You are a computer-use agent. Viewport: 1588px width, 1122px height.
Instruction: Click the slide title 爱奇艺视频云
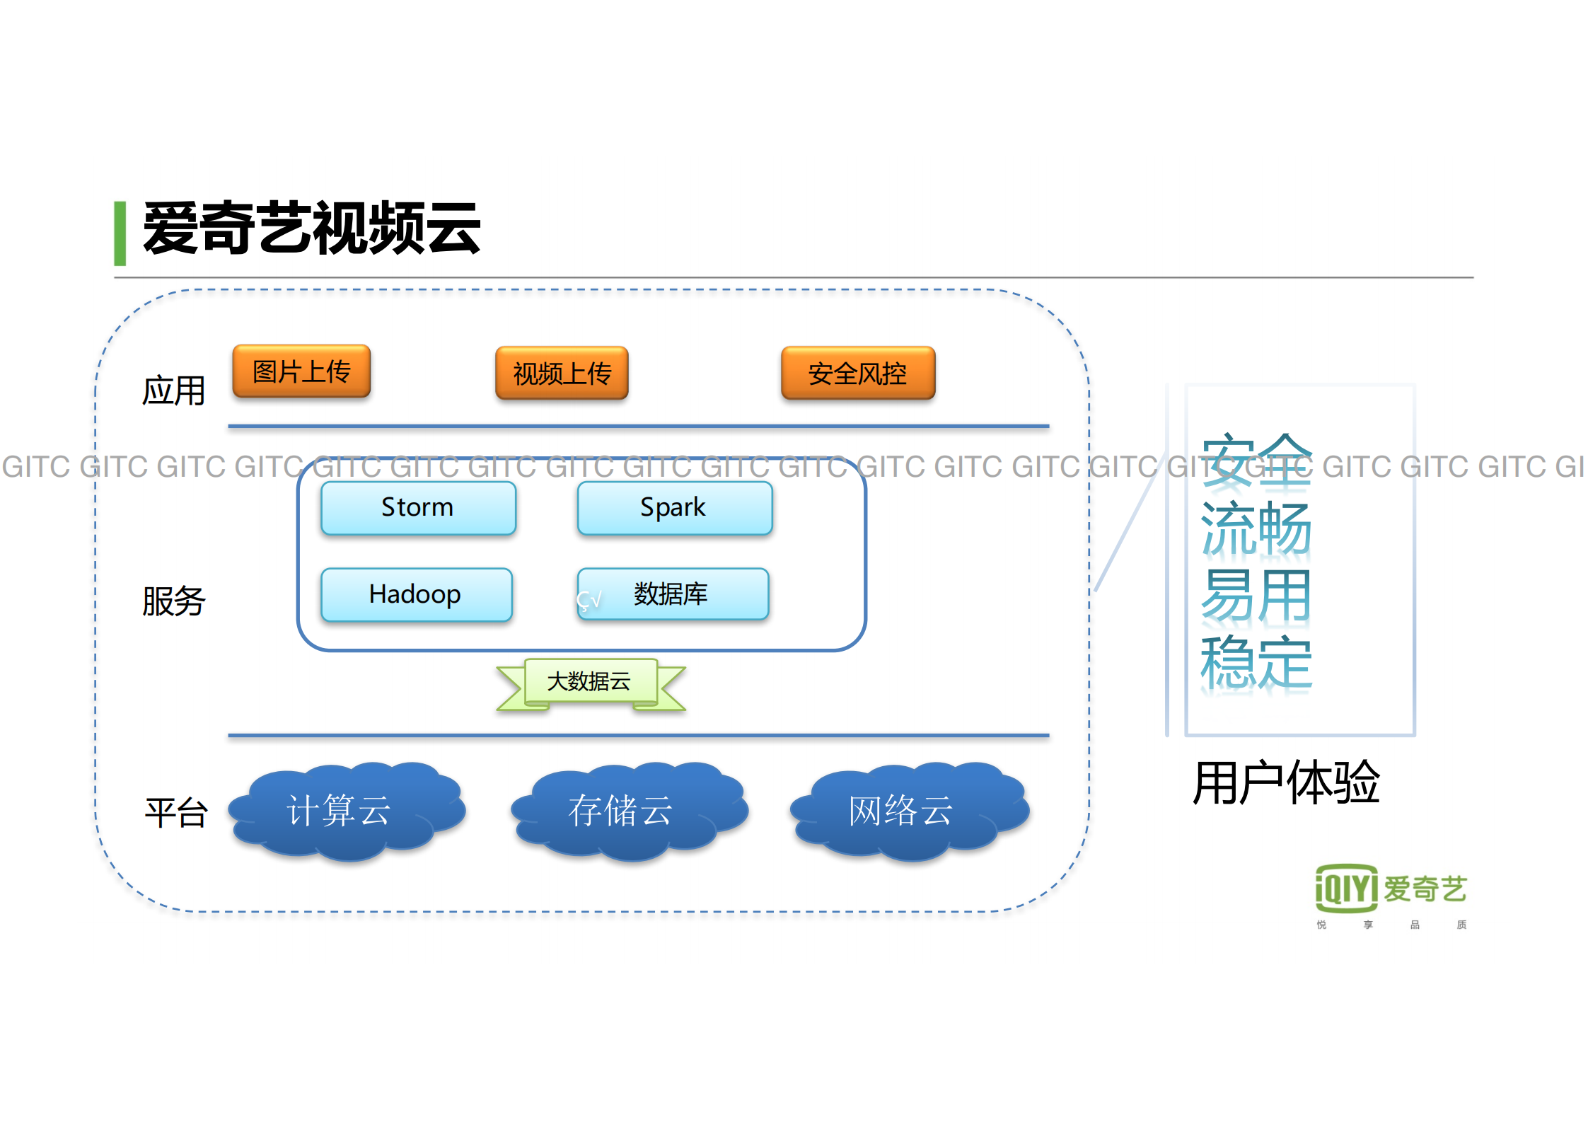[x=311, y=228]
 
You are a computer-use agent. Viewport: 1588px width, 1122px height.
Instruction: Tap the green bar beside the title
[x=120, y=233]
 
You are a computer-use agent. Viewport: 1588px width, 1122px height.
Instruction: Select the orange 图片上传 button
[x=301, y=371]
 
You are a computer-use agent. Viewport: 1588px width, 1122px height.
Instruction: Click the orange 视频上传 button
[x=562, y=373]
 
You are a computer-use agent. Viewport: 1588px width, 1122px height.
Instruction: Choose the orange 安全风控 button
[x=857, y=373]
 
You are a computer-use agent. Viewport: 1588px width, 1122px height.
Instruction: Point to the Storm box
[x=418, y=507]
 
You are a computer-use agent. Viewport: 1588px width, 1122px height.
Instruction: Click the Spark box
[x=674, y=507]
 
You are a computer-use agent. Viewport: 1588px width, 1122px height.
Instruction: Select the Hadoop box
[x=416, y=594]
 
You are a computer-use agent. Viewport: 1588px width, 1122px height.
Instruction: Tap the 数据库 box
[x=673, y=594]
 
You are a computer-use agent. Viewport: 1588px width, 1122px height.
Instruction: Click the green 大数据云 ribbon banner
[x=590, y=682]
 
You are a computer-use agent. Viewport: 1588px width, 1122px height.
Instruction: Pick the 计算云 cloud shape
[x=345, y=811]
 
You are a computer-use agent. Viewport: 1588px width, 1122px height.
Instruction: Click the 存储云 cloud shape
[x=627, y=811]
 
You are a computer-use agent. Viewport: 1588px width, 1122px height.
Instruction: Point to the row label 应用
[x=173, y=391]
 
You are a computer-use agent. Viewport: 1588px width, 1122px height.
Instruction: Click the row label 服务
[x=173, y=601]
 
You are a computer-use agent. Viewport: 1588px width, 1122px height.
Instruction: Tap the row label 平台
[x=175, y=812]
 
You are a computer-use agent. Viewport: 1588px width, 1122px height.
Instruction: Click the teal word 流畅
[x=1256, y=528]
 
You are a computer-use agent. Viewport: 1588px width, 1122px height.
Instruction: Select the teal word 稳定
[x=1256, y=662]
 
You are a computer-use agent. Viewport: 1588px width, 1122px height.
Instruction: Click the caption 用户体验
[x=1286, y=782]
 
